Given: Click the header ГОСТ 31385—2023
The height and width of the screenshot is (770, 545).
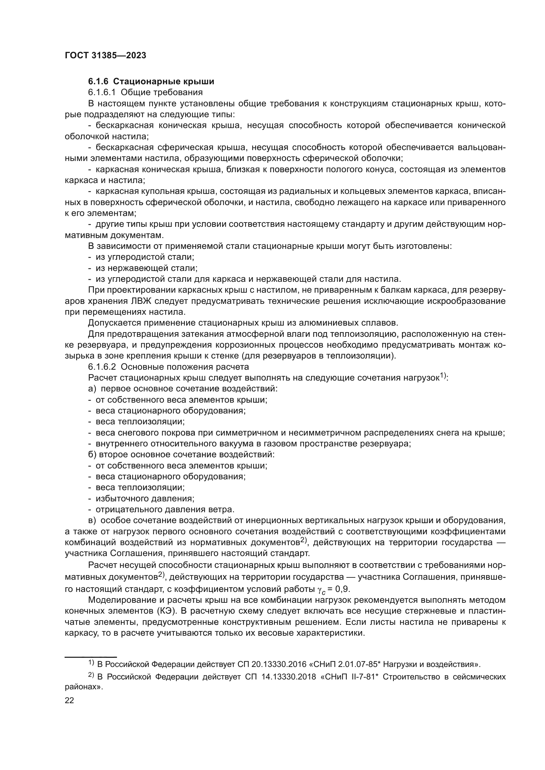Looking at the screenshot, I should (x=105, y=56).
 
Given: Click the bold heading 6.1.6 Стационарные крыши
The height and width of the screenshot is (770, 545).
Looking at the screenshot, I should (x=151, y=81).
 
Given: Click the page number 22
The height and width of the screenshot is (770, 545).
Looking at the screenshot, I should (x=70, y=700).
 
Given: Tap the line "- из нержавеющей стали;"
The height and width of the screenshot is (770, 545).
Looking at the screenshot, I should (x=143, y=268).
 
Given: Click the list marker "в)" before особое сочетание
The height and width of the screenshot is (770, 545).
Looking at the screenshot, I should (x=92, y=520).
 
